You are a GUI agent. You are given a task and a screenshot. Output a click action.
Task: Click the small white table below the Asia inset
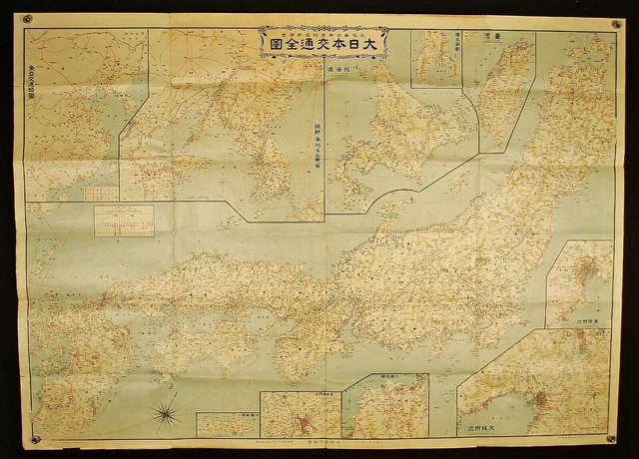[x=124, y=220]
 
